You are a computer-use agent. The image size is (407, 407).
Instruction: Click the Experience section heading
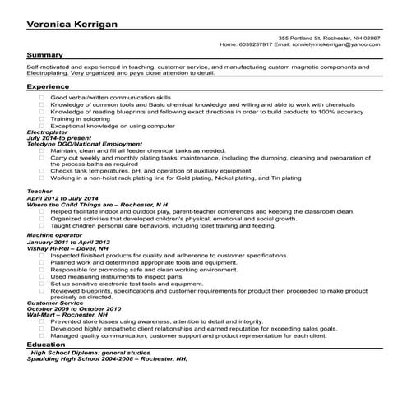pyautogui.click(x=48, y=86)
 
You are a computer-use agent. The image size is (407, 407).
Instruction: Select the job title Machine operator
pyautogui.click(x=52, y=235)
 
